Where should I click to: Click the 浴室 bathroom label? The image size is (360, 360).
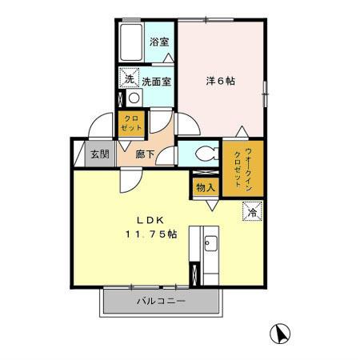[158, 42]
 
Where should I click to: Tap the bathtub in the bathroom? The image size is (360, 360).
[130, 42]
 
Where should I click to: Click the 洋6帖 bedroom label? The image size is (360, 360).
[220, 81]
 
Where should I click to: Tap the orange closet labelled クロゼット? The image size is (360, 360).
[130, 124]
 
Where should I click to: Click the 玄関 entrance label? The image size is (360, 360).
[99, 154]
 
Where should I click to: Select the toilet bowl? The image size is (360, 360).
[198, 152]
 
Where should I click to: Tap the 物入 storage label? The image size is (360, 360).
[205, 187]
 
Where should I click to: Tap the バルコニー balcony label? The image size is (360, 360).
[160, 302]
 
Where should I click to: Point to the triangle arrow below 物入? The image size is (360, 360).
[210, 206]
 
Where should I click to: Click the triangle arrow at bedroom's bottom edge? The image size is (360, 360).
[242, 130]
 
